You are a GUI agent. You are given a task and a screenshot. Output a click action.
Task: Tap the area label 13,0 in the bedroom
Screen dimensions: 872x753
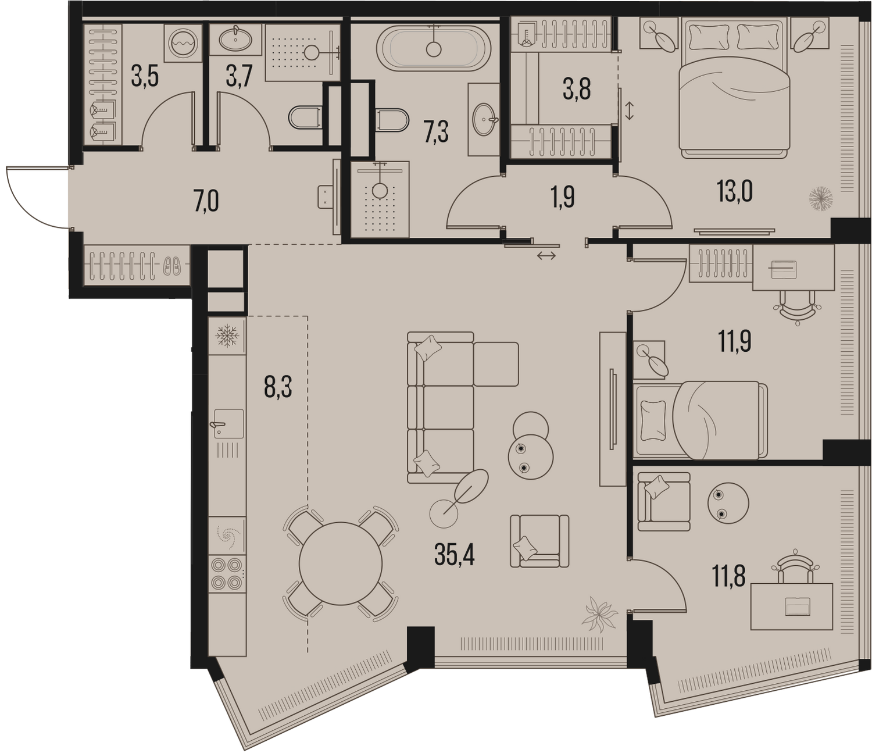pyautogui.click(x=734, y=192)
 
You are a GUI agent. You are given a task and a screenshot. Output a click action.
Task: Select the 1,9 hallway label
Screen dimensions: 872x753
pyautogui.click(x=563, y=198)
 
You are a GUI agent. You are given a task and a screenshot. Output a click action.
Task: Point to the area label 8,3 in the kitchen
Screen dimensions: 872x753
pyautogui.click(x=278, y=388)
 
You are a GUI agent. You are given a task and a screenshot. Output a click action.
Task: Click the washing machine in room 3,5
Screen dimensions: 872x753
pyautogui.click(x=183, y=43)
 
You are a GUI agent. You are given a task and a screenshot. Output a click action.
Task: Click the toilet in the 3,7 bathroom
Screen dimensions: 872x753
pyautogui.click(x=305, y=117)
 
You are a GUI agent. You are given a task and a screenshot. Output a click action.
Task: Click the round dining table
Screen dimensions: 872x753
pyautogui.click(x=341, y=563)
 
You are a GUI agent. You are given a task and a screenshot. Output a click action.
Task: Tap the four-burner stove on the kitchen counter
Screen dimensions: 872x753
pyautogui.click(x=227, y=573)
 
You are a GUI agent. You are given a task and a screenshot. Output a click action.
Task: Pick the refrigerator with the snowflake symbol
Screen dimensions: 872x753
pyautogui.click(x=227, y=336)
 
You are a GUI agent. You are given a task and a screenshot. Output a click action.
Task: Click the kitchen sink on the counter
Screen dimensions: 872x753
pyautogui.click(x=228, y=423)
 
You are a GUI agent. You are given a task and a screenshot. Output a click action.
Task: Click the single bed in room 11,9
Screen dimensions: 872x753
pyautogui.click(x=701, y=420)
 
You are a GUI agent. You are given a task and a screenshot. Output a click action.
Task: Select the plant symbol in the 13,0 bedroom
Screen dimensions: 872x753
pyautogui.click(x=820, y=199)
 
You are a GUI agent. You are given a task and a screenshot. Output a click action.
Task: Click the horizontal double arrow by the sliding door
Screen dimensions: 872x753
pyautogui.click(x=546, y=256)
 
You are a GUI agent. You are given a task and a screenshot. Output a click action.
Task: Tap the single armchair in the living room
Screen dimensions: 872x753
pyautogui.click(x=539, y=541)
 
